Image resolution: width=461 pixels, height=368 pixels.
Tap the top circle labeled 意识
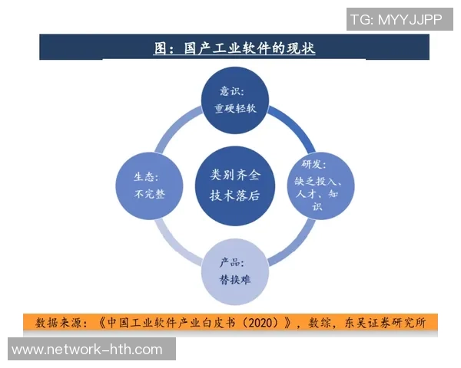point(235,98)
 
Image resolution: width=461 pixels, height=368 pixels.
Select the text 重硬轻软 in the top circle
point(235,109)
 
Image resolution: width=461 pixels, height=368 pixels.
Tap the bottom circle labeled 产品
point(235,273)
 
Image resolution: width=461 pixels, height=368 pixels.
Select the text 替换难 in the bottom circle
point(235,280)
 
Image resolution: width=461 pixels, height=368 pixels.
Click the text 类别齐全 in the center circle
point(235,175)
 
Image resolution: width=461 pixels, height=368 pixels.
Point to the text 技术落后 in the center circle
point(235,195)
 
